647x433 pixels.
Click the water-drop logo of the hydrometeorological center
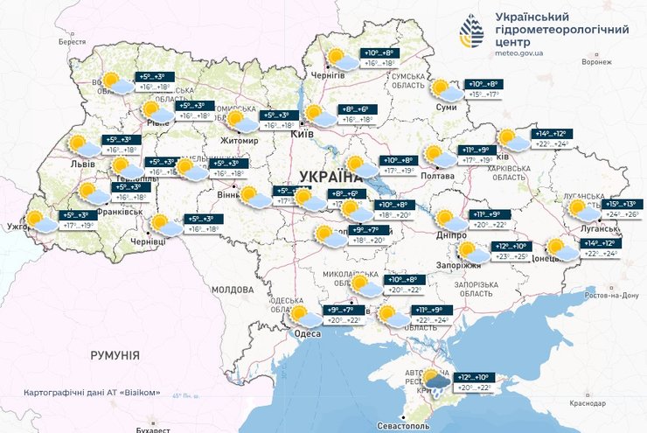(x=471, y=33)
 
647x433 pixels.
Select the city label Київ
(x=300, y=136)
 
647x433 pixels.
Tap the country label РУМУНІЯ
(x=115, y=355)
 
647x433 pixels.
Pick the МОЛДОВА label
(x=232, y=288)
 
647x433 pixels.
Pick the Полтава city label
(x=437, y=177)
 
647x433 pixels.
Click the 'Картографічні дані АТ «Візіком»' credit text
(x=92, y=392)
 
